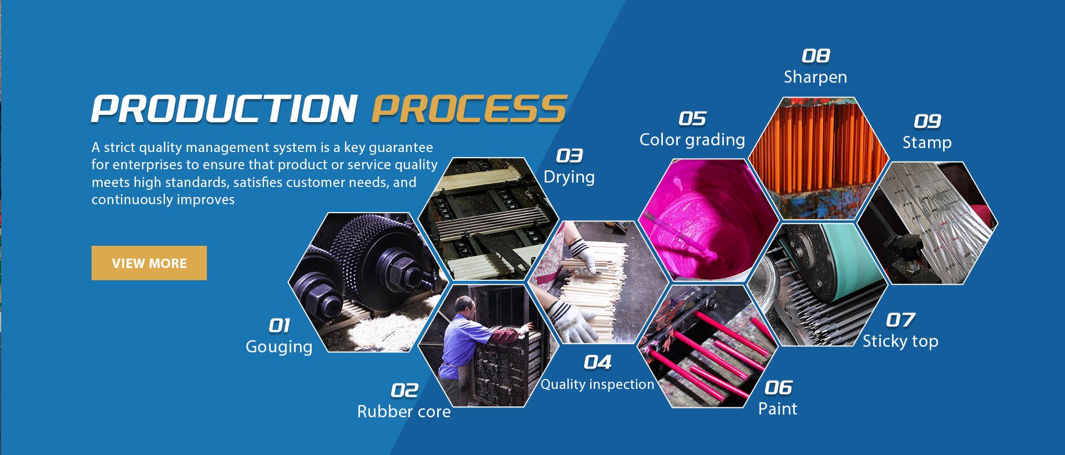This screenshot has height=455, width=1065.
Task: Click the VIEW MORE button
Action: click(149, 263)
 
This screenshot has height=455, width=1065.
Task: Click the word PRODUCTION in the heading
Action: click(225, 109)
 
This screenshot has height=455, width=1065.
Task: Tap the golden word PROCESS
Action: click(469, 109)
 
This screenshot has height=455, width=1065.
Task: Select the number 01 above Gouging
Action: click(280, 325)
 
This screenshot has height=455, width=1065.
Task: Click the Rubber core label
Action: click(404, 412)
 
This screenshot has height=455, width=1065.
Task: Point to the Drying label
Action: click(569, 178)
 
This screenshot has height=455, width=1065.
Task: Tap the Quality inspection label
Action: click(597, 385)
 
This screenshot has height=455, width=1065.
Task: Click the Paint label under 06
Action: click(778, 409)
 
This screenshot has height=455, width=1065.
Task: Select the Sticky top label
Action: click(900, 341)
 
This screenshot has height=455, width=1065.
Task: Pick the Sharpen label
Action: click(815, 77)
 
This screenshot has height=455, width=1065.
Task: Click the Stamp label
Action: click(927, 143)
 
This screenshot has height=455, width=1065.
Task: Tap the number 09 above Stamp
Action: click(927, 121)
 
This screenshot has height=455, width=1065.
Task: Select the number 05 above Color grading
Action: click(692, 118)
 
